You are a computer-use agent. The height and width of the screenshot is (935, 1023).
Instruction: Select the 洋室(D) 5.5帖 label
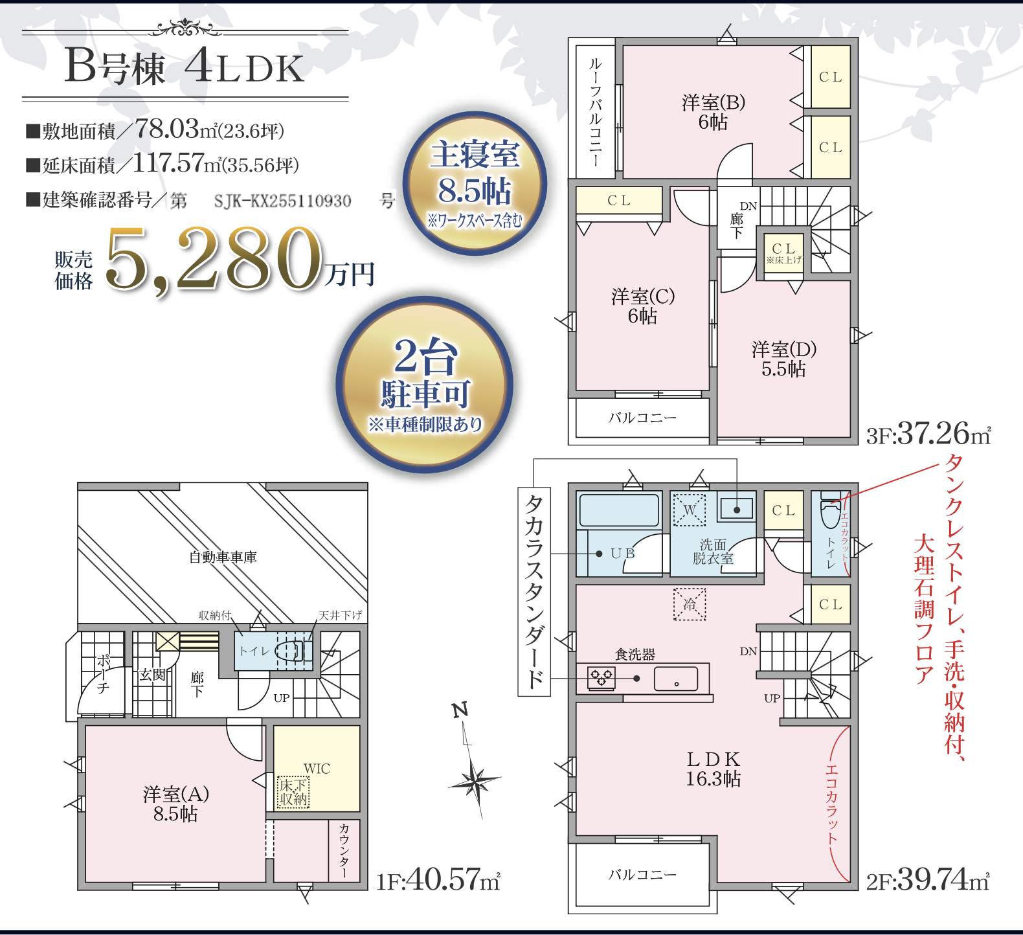[x=783, y=359]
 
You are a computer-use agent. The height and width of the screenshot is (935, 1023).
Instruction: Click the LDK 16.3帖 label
[x=713, y=769]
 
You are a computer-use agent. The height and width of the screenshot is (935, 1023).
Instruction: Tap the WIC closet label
[x=317, y=769]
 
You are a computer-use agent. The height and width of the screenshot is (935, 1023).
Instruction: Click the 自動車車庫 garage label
[x=223, y=557]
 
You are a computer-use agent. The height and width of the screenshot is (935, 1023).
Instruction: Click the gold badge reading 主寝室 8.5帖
[x=475, y=184]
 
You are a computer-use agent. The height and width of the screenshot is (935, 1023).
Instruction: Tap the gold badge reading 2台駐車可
[x=424, y=385]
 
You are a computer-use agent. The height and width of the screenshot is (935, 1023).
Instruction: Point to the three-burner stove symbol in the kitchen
[x=601, y=677]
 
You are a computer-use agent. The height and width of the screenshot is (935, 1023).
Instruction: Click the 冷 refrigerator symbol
[x=690, y=604]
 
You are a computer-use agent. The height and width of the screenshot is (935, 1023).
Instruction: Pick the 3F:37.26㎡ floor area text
[x=928, y=433]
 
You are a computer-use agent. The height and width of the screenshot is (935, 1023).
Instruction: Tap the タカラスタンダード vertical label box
[x=534, y=591]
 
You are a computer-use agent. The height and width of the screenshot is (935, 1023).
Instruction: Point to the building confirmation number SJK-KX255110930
[x=283, y=201]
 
